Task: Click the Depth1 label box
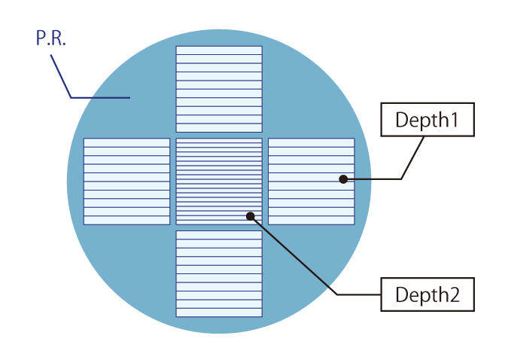(427, 120)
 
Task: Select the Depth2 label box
(427, 294)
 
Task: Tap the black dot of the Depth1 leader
(343, 179)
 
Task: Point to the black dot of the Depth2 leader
(251, 216)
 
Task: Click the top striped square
(219, 89)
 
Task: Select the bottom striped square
(219, 273)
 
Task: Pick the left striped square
(126, 181)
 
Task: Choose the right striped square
(311, 181)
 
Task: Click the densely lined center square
(219, 181)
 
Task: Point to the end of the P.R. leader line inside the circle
(131, 98)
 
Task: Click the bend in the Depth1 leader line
(401, 179)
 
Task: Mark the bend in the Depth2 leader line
(336, 293)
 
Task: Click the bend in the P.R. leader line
(71, 98)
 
